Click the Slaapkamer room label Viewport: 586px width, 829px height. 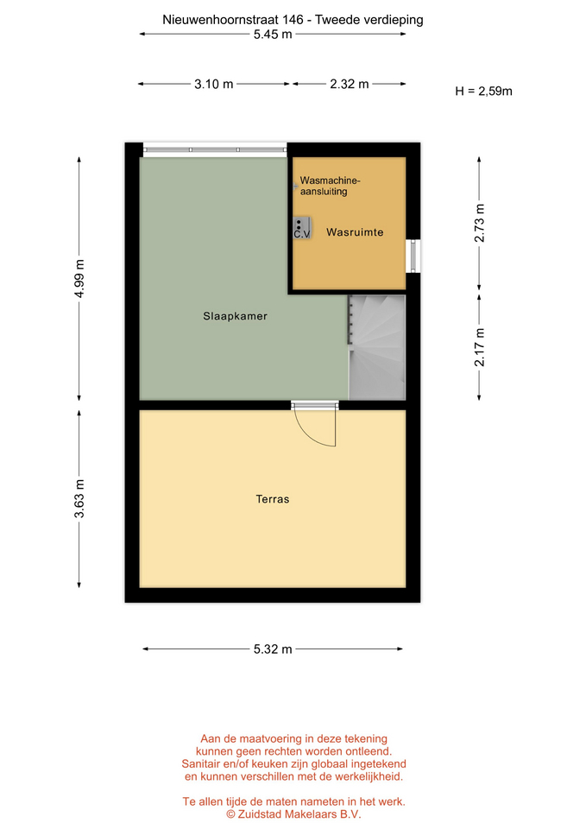pyautogui.click(x=235, y=316)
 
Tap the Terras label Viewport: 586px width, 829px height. pyautogui.click(x=273, y=499)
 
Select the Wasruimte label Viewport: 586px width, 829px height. pyautogui.click(x=355, y=232)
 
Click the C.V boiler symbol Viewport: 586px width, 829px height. pyautogui.click(x=302, y=228)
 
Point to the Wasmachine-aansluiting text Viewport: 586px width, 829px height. pyautogui.click(x=330, y=186)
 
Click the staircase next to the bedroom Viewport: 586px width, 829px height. pyautogui.click(x=377, y=347)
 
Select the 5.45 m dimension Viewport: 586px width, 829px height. pyautogui.click(x=273, y=35)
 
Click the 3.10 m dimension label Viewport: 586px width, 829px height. pyautogui.click(x=213, y=84)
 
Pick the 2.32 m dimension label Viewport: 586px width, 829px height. pyautogui.click(x=350, y=84)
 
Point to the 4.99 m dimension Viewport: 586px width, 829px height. pyautogui.click(x=79, y=279)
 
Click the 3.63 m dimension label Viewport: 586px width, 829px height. pyautogui.click(x=79, y=498)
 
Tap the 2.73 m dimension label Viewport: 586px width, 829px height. pyautogui.click(x=479, y=223)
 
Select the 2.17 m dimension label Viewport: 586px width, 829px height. pyautogui.click(x=479, y=347)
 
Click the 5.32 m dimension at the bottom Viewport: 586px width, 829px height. pyautogui.click(x=273, y=649)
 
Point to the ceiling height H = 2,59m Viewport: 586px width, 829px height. pyautogui.click(x=483, y=92)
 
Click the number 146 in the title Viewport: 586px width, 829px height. pyautogui.click(x=293, y=20)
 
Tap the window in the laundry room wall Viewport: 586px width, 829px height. pyautogui.click(x=413, y=256)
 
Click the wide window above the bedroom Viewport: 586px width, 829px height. pyautogui.click(x=215, y=150)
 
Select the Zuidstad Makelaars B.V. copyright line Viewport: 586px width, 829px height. pyautogui.click(x=293, y=814)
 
